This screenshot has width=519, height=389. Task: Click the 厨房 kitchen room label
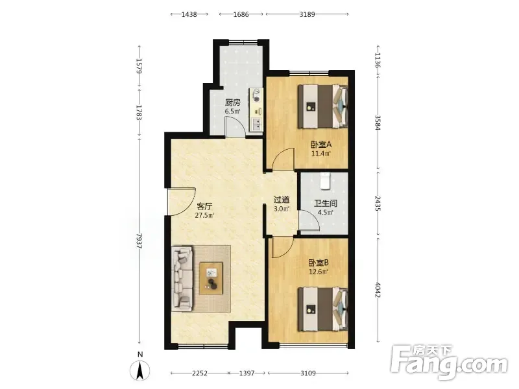click(233, 102)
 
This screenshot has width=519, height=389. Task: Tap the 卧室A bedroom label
click(321, 145)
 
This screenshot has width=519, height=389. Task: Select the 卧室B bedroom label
click(319, 263)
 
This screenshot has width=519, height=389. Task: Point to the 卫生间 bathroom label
click(326, 204)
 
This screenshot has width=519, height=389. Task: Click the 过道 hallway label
click(282, 200)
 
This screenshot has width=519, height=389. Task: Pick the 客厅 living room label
click(204, 207)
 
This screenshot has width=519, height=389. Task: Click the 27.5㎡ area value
click(204, 216)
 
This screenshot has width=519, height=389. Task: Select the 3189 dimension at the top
click(307, 14)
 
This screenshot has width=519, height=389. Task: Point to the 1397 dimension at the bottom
click(247, 373)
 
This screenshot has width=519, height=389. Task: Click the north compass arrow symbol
click(140, 370)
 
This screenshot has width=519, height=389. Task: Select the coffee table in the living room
click(211, 278)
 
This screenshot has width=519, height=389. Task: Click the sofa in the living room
click(182, 279)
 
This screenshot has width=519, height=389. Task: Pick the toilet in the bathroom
click(325, 181)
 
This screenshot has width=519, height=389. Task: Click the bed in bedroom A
click(322, 106)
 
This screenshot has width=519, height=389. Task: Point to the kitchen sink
click(257, 124)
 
